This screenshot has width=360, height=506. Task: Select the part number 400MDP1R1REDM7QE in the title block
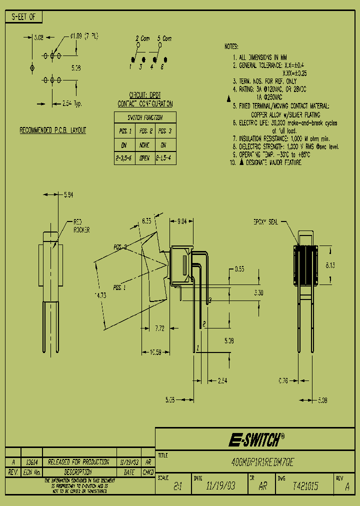tap(259, 463)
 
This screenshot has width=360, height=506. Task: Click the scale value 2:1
tap(177, 486)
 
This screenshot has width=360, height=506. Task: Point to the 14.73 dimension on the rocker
tap(100, 295)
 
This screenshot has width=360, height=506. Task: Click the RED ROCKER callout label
tap(81, 225)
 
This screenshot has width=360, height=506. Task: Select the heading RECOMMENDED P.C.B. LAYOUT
tap(52, 130)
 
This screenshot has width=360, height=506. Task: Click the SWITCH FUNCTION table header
tap(144, 117)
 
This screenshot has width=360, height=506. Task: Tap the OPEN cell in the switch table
tap(144, 158)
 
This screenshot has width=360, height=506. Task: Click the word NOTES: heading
tap(232, 46)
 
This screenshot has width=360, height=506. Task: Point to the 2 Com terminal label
tap(142, 38)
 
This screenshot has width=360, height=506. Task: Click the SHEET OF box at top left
tap(23, 17)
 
